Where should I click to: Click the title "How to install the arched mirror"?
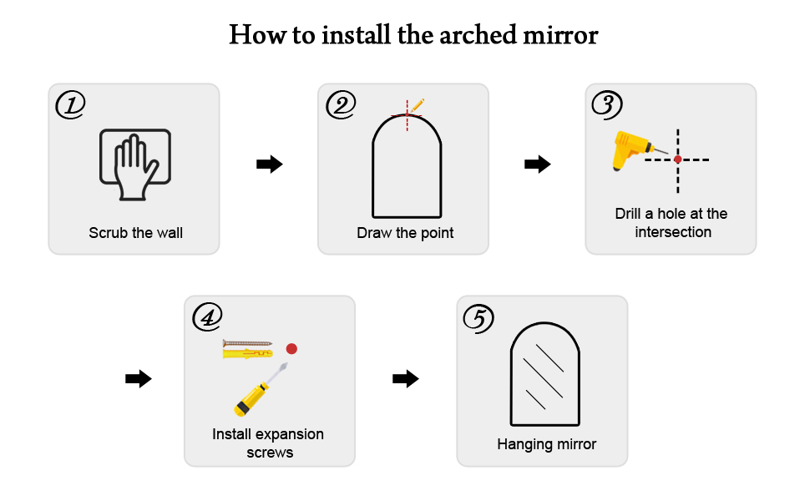click(413, 35)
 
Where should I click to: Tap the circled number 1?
click(70, 104)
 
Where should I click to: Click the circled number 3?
click(607, 104)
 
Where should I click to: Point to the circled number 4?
click(207, 316)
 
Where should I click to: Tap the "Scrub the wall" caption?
click(135, 232)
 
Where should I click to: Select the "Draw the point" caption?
click(405, 233)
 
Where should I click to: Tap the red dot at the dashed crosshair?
click(677, 159)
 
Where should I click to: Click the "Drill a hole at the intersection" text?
click(672, 223)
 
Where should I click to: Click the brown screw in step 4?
click(247, 342)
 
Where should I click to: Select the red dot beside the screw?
click(291, 348)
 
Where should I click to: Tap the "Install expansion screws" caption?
click(269, 443)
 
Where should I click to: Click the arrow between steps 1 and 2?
click(269, 164)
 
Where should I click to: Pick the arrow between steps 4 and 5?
click(405, 379)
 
